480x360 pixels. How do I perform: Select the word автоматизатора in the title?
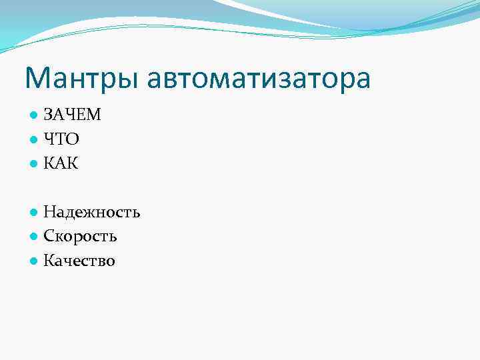259,79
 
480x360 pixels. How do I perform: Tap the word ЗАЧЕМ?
72,115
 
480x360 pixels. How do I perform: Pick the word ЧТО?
61,139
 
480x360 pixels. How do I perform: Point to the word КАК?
61,163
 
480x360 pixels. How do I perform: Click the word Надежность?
91,213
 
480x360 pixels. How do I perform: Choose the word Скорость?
80,237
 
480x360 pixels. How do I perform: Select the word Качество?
79,261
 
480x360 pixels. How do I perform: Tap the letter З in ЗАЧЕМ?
48,115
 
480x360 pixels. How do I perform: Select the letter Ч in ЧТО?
49,139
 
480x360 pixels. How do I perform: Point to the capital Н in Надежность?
49,213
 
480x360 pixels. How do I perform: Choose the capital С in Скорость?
49,237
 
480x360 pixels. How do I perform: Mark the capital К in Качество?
49,261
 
